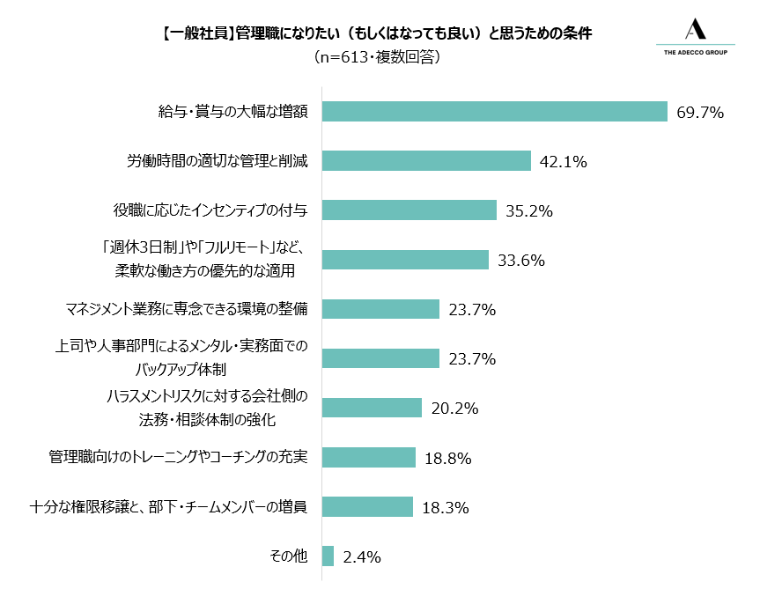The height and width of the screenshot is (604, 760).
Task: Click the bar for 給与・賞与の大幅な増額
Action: pos(494,112)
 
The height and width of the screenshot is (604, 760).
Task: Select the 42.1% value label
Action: pos(564,161)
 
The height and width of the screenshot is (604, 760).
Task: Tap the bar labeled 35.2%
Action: pos(410,210)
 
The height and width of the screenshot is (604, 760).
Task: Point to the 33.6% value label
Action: pos(521,261)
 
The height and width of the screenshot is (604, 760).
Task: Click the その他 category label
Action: pos(288,556)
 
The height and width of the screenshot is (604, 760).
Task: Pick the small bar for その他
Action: pos(328,556)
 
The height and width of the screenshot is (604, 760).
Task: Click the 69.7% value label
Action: pos(700,113)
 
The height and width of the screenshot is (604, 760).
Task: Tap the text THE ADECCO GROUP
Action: pos(696,52)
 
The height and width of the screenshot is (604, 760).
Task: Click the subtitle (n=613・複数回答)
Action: pos(377,57)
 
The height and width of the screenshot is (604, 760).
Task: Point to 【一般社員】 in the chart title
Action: pos(197,33)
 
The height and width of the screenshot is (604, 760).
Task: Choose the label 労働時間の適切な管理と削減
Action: pos(218,160)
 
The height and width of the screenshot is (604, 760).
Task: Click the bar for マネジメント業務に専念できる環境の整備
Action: pos(381,309)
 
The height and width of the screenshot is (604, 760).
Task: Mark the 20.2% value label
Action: pos(454,409)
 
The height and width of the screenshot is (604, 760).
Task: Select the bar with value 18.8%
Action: pos(369,457)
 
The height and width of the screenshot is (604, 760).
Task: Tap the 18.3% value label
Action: pos(446,508)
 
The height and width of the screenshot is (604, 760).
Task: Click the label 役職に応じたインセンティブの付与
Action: pos(210,210)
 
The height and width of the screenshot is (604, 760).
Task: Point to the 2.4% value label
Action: pos(362,557)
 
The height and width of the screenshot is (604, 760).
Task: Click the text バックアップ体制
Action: pos(181,370)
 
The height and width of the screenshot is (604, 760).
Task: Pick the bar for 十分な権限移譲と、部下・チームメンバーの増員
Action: pos(367,506)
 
